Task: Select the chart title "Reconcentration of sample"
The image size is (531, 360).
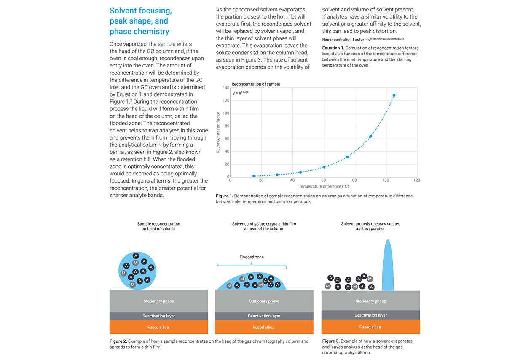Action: point(255,84)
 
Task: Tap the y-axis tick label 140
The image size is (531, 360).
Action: point(226,88)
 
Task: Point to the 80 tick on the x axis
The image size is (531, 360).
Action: point(354,180)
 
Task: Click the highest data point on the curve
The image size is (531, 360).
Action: point(394,95)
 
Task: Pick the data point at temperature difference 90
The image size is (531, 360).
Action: point(370,136)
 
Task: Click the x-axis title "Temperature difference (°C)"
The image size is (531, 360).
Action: point(324,186)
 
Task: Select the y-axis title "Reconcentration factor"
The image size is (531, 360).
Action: point(218,132)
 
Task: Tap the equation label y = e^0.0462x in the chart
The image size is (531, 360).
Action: point(241,93)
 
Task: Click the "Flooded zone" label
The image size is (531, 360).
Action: point(252,257)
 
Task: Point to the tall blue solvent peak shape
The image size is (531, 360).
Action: point(388,266)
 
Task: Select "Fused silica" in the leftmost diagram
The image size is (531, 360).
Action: point(158,327)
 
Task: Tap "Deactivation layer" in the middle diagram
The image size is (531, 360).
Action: point(264,316)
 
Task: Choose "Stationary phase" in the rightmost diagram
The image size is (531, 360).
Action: point(370,301)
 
